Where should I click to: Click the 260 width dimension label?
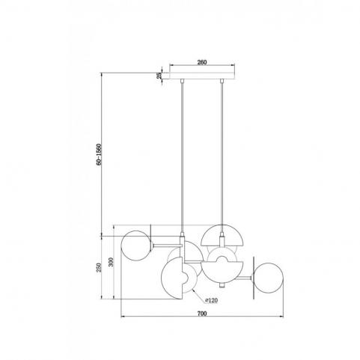point(202,62)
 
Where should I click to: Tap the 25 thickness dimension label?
point(159,76)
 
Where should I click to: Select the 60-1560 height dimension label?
point(99,154)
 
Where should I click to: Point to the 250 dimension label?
point(99,267)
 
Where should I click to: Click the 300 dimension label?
point(111,262)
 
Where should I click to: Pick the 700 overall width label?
point(202,314)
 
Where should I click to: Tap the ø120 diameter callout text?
point(211,300)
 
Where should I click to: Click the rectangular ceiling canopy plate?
point(202,76)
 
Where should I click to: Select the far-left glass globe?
point(136,245)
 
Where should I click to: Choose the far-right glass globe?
point(269,278)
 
